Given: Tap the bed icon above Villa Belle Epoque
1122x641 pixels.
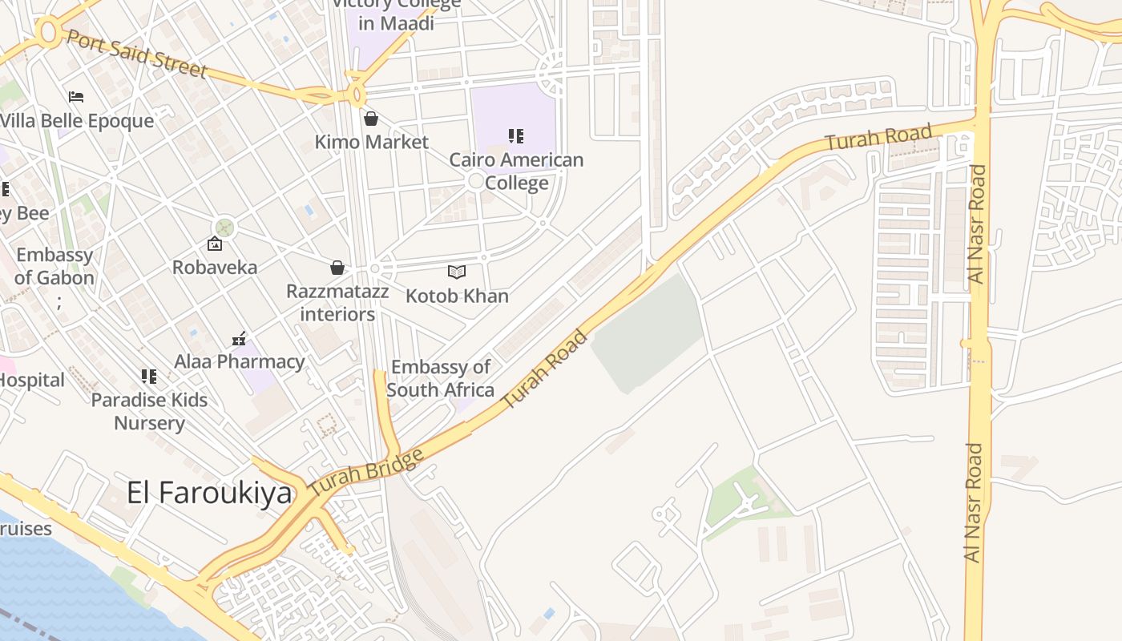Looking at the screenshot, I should click(76, 97).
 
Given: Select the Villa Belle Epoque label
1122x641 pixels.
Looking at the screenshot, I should click(78, 121).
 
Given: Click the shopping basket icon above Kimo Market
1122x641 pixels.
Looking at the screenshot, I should click(371, 119).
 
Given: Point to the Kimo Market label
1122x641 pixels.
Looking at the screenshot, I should click(371, 143).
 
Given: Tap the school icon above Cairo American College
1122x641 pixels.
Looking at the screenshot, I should click(516, 136).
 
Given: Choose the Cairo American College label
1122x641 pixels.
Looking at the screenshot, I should click(516, 171).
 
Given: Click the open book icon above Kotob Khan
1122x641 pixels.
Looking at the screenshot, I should click(457, 272).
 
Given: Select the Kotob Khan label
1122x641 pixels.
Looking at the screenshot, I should click(457, 296).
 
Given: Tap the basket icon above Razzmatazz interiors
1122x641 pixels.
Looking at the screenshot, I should click(337, 268).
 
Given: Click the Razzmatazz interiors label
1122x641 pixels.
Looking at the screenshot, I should click(337, 303).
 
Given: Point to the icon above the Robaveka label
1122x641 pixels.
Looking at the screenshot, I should click(215, 244).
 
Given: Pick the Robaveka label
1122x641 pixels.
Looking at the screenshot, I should click(215, 268).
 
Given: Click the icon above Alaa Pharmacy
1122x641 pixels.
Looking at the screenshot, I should click(239, 338).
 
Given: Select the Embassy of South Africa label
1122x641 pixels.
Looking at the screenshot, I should click(440, 379).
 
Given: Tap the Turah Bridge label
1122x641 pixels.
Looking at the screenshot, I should click(367, 472).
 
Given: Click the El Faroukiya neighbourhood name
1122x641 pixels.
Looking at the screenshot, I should click(209, 493).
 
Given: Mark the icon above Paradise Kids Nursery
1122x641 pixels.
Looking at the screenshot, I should click(149, 376).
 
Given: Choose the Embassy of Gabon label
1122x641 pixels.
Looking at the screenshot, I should click(54, 267).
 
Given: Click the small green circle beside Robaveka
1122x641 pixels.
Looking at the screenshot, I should click(225, 228).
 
